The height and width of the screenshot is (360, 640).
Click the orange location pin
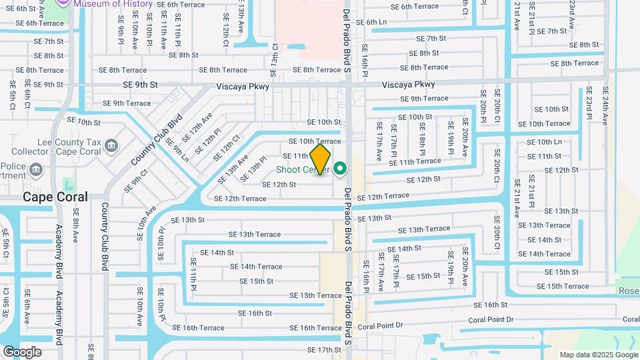(x=321, y=159)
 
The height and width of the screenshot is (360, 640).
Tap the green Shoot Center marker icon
(x=341, y=169)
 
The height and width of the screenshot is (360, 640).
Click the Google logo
(x=22, y=351)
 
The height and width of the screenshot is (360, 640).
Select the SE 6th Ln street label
(x=371, y=22)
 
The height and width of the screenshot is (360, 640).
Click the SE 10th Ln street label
(x=544, y=142)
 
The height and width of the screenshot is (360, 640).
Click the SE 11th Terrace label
(x=415, y=161)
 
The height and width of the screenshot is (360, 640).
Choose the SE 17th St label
(x=325, y=350)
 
